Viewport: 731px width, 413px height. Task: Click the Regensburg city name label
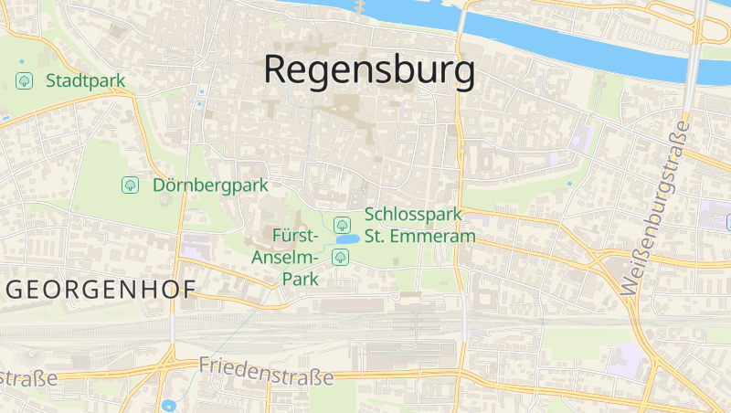click(369, 70)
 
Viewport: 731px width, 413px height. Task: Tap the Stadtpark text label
click(85, 80)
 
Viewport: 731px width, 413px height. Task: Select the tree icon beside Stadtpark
click(25, 80)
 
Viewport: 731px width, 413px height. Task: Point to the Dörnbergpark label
click(211, 185)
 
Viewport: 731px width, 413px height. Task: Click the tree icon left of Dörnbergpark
click(130, 185)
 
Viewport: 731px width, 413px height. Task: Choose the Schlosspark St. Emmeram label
click(420, 226)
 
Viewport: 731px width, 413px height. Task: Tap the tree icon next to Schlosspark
click(342, 224)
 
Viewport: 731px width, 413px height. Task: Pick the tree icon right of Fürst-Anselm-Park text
click(340, 256)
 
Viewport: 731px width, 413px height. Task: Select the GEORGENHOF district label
click(101, 291)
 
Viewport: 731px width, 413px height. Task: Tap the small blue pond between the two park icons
click(346, 239)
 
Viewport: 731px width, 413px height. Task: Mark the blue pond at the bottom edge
click(168, 405)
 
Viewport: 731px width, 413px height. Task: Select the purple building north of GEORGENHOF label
click(195, 245)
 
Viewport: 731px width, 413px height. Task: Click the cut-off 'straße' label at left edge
click(27, 377)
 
